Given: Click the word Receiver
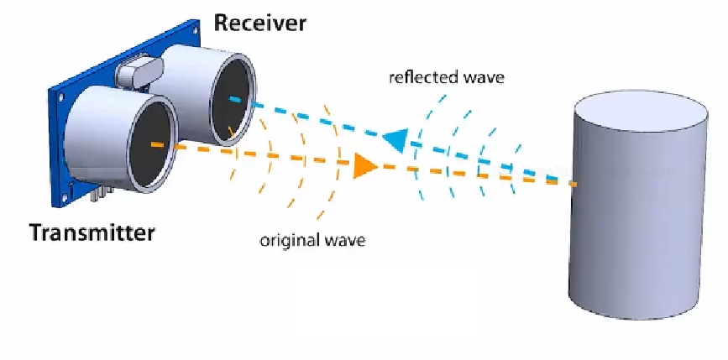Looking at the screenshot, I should (x=260, y=22).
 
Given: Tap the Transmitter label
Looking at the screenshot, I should (x=92, y=232).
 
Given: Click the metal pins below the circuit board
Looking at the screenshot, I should (x=100, y=194).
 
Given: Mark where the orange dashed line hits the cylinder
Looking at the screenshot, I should (x=575, y=183).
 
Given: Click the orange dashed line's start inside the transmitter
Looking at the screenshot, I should (x=153, y=145).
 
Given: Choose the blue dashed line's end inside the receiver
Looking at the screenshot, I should (x=231, y=98).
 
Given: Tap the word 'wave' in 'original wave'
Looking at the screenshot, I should (x=346, y=241).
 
